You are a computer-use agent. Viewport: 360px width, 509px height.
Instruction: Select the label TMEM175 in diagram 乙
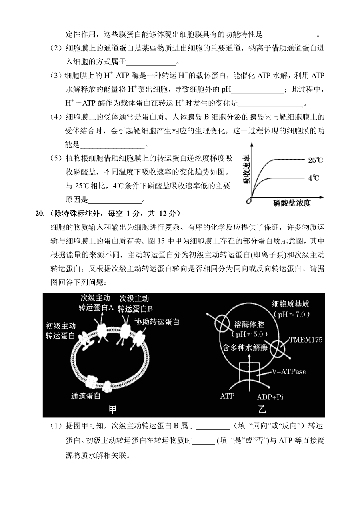pos(305,341)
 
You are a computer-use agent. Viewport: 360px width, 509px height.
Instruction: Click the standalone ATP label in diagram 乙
pos(228,396)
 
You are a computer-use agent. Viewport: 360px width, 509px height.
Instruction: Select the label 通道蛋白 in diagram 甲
pos(86,396)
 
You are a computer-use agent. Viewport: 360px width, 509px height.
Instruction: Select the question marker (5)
pos(56,158)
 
